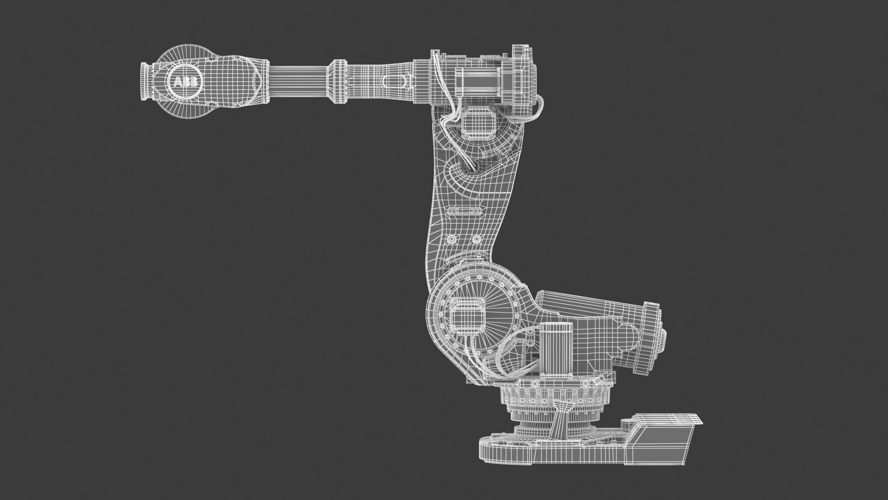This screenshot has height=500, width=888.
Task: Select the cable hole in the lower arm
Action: tap(473, 166)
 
